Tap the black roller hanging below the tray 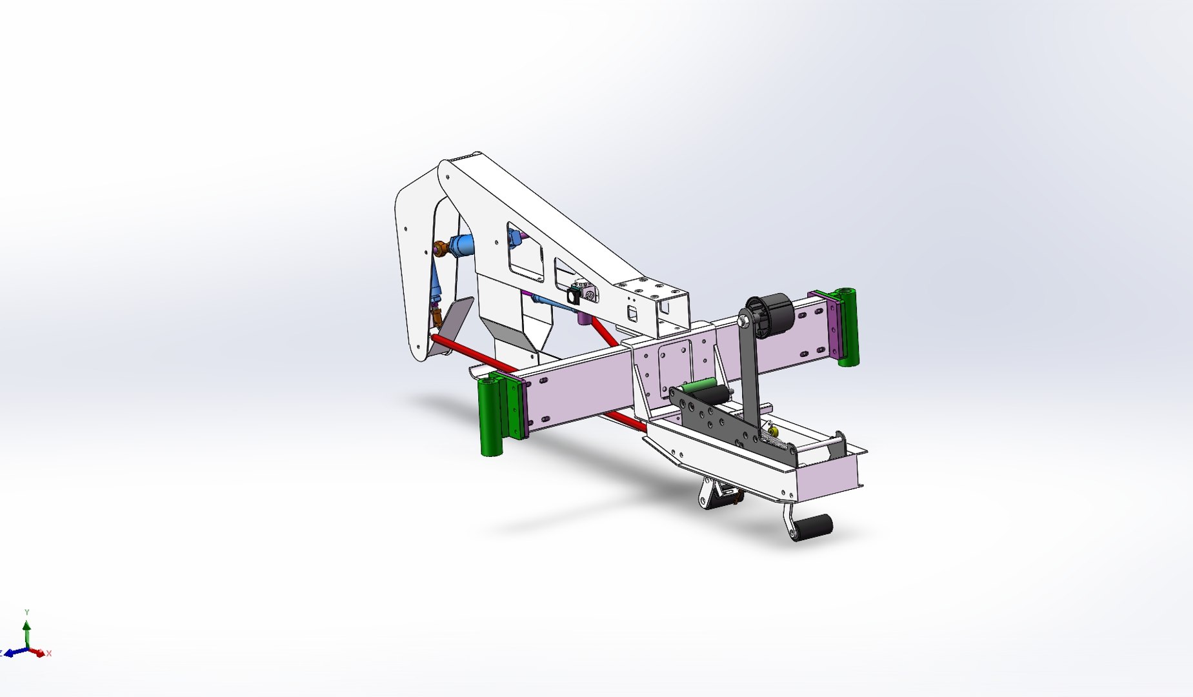(814, 527)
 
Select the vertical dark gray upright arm (749, 368)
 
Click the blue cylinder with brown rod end (461, 245)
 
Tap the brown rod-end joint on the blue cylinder (441, 248)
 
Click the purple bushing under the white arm (584, 317)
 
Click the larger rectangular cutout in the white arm (525, 254)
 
